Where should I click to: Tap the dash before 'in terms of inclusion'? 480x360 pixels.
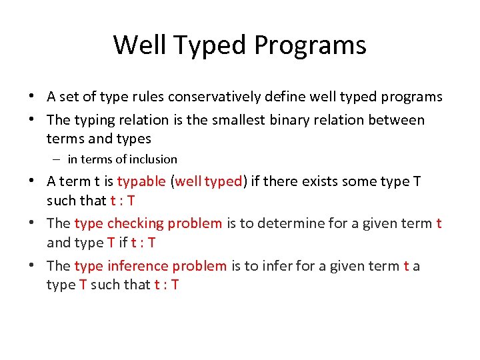pos(57,159)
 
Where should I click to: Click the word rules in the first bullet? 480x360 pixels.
pos(147,97)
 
